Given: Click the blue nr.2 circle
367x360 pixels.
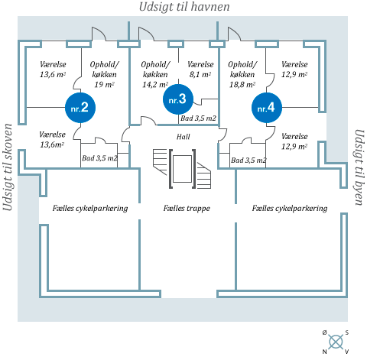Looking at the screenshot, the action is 80,108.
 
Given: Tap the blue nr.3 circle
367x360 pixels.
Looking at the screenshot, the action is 178,99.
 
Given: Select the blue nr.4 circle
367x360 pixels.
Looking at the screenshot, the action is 267,108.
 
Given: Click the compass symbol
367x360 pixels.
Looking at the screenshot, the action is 336,342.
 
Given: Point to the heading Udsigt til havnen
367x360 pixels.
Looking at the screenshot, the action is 184,7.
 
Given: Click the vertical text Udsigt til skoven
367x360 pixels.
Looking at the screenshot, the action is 8,167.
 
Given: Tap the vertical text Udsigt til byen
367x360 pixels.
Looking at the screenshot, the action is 359,167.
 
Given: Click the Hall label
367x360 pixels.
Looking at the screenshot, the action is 183,137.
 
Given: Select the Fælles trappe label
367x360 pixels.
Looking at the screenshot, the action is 187,208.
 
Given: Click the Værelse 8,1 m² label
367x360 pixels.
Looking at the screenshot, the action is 200,70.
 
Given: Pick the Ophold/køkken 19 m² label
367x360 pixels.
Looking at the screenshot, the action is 104,74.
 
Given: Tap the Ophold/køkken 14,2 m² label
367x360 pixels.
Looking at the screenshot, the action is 155,74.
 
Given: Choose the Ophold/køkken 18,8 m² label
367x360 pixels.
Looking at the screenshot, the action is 242,74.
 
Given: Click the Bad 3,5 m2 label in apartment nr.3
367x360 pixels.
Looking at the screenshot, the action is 198,118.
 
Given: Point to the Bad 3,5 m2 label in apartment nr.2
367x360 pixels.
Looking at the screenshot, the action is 99,158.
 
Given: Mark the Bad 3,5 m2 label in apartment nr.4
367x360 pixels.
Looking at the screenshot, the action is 248,161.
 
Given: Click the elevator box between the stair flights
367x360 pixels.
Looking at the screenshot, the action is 182,169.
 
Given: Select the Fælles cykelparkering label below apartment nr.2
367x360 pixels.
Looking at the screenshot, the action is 90,208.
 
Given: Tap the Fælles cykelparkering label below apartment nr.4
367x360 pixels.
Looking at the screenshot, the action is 290,208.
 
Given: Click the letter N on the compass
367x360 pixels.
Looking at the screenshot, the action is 324,352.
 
